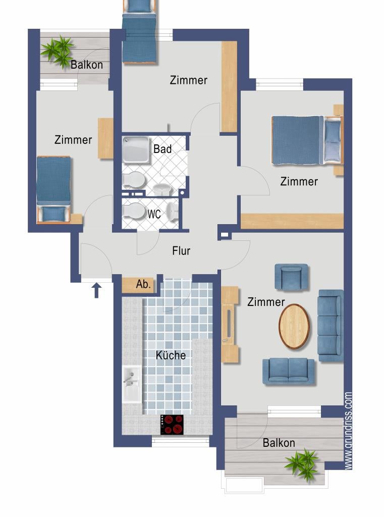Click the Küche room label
pyautogui.click(x=171, y=355)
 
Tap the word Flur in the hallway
pyautogui.click(x=181, y=250)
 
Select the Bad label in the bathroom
pyautogui.click(x=162, y=149)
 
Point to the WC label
pyautogui.click(x=154, y=214)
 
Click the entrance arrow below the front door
pyautogui.click(x=96, y=290)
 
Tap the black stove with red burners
pyautogui.click(x=172, y=424)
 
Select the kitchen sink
pyautogui.click(x=132, y=384)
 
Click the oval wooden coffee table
pyautogui.click(x=294, y=326)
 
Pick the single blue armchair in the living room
pyautogui.click(x=291, y=277)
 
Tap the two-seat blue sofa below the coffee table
pyautogui.click(x=289, y=371)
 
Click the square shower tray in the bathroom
pyautogui.click(x=136, y=150)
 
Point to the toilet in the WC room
pyautogui.click(x=133, y=211)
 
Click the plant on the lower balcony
pyautogui.click(x=303, y=464)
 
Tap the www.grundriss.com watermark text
pyautogui.click(x=348, y=431)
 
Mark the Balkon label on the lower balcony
pyautogui.click(x=279, y=442)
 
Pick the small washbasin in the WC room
pyautogui.click(x=173, y=211)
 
